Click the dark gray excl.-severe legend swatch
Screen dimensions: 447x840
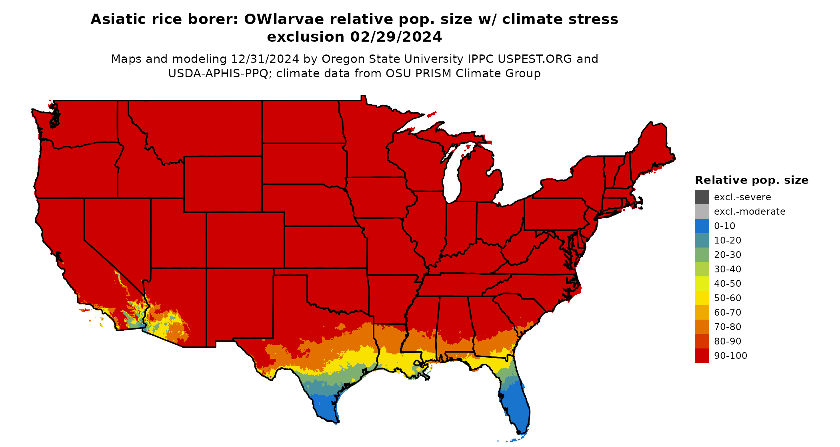coord(702,197)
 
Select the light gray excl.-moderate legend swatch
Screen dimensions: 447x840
coord(702,211)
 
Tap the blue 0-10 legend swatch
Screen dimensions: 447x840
coord(702,226)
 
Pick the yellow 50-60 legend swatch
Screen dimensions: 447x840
coord(702,298)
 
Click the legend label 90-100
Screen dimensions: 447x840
coord(730,356)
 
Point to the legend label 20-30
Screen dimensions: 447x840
coord(728,255)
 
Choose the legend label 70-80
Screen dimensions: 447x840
coord(728,327)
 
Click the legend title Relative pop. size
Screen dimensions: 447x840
coord(752,180)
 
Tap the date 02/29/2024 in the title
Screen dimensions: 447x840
coord(396,37)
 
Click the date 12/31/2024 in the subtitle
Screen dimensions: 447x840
coord(265,59)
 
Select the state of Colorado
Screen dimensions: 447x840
coord(245,240)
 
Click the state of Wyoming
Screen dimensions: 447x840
coord(223,184)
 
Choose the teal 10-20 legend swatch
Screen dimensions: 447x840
coord(702,240)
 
